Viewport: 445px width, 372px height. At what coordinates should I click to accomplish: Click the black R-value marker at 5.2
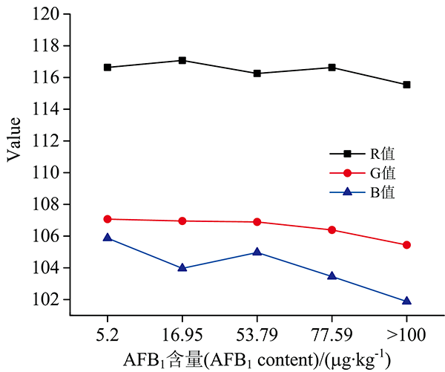click(x=108, y=67)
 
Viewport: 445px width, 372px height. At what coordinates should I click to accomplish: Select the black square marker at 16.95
click(x=182, y=60)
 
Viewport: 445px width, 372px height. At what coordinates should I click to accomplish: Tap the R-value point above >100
click(x=406, y=85)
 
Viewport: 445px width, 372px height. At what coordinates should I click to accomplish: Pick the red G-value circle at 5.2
click(x=108, y=219)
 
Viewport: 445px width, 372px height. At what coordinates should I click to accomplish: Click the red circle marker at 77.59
click(x=332, y=229)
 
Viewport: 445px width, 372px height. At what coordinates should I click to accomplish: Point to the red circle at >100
click(x=406, y=245)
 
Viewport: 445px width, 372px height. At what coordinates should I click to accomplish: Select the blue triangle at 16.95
click(x=182, y=267)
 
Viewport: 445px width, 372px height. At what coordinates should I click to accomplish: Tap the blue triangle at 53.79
click(x=257, y=252)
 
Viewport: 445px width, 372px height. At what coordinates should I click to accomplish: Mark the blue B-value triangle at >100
click(x=406, y=301)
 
